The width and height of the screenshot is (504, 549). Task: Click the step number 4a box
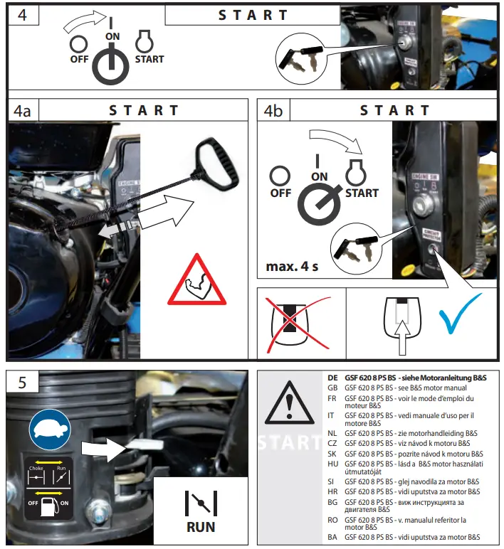click(x=23, y=111)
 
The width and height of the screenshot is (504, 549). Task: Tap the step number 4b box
click(x=273, y=111)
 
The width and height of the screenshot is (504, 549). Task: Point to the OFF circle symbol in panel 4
click(x=78, y=43)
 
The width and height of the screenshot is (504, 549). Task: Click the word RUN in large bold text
click(x=200, y=527)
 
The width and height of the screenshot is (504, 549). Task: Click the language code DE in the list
click(x=332, y=378)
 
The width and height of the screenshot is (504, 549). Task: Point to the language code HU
click(x=332, y=462)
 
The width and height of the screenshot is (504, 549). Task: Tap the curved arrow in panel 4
click(x=85, y=22)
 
